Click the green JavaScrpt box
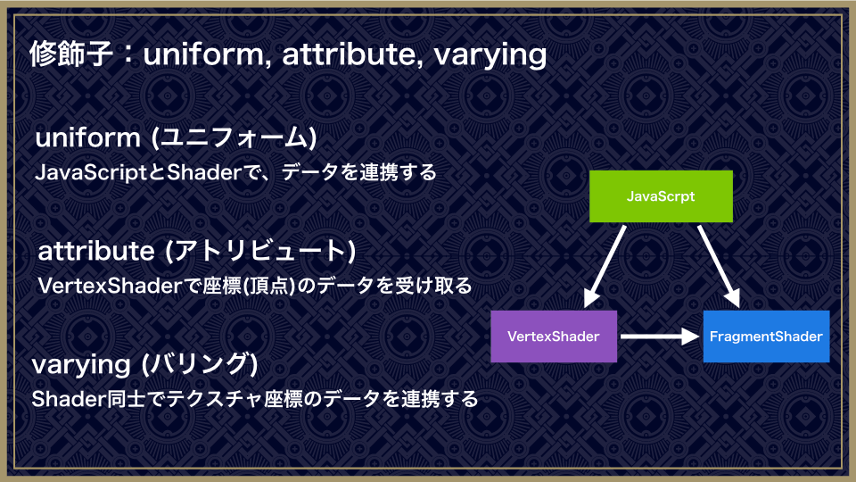(x=661, y=196)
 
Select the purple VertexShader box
(x=554, y=337)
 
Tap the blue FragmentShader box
(x=767, y=337)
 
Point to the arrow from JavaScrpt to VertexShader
(x=605, y=266)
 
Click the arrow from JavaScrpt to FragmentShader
(x=719, y=266)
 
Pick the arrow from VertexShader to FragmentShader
(x=660, y=337)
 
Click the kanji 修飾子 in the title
(x=71, y=54)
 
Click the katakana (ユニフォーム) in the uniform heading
(x=234, y=137)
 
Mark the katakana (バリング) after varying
(x=199, y=364)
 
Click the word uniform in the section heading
(x=88, y=137)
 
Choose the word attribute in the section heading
(x=96, y=251)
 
